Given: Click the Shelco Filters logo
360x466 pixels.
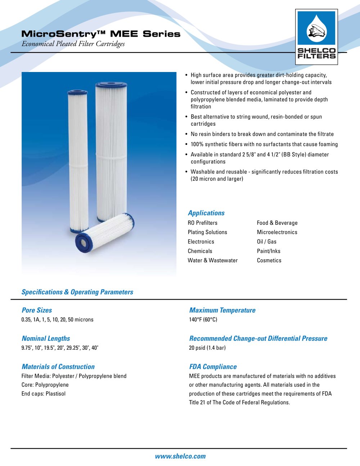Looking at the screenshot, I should [316, 37].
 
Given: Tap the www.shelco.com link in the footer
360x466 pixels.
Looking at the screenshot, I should [180, 456].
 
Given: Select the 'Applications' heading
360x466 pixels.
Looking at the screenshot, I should [206, 213].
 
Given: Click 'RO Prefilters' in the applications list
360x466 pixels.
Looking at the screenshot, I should [202, 223].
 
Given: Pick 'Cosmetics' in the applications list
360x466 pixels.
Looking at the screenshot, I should [269, 260].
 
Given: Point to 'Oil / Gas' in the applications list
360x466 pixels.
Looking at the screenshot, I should [266, 242].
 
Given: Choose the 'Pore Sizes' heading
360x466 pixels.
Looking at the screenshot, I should [37, 310].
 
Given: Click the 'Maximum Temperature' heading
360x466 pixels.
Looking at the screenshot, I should [222, 310].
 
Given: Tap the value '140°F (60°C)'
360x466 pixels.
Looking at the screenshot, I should [203, 319].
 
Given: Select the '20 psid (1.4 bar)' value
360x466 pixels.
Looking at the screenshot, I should [207, 348].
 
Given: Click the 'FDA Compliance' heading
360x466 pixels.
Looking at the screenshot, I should [213, 367].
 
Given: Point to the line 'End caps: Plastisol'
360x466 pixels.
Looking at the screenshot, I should [44, 394].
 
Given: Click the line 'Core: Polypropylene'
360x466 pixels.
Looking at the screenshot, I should [45, 385].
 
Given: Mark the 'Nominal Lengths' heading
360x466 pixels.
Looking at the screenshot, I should [46, 338].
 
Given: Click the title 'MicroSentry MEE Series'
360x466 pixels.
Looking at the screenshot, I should [101, 34].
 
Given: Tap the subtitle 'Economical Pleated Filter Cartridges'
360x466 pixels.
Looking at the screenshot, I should [73, 44].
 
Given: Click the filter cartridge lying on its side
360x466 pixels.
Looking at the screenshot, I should [104, 232].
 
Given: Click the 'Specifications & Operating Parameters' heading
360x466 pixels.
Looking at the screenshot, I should [77, 292].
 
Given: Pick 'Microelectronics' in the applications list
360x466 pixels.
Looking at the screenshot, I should [277, 232].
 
